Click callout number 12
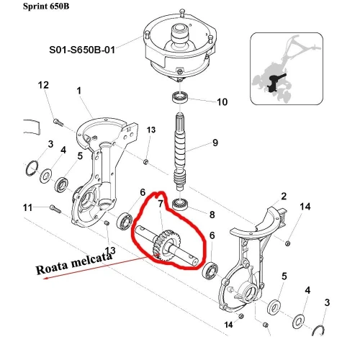tap(42, 86)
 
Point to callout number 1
tap(80, 91)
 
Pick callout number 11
tap(27, 208)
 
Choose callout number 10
tap(202, 102)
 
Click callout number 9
tap(214, 143)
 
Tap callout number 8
tap(211, 214)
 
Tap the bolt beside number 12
tap(58, 117)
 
